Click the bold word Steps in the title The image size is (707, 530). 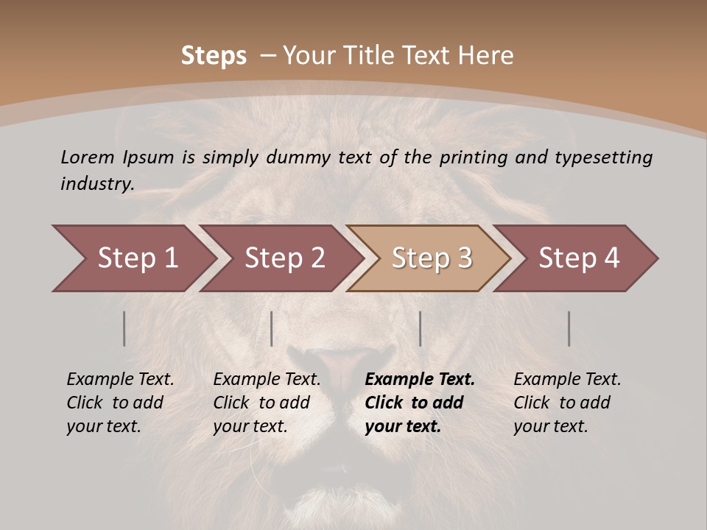pos(214,56)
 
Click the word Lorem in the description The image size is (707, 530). pos(88,157)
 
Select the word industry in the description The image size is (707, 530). pos(96,183)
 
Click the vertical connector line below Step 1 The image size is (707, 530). pos(124,328)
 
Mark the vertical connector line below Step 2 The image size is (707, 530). pos(272,328)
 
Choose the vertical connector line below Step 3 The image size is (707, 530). pos(420,328)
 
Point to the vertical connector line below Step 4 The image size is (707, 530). pos(569,328)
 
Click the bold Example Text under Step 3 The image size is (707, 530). pos(420,380)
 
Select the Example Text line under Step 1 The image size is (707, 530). pos(120,380)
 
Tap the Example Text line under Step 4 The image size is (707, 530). pos(567,380)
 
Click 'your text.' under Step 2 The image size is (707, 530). pos(250,426)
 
